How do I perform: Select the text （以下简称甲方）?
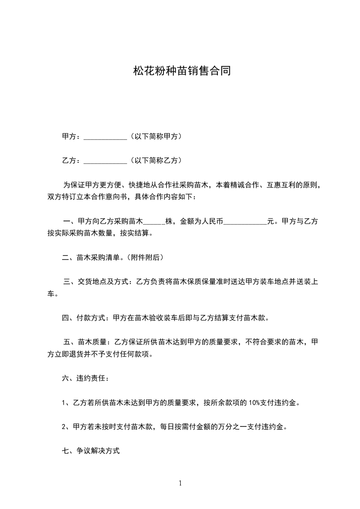155,136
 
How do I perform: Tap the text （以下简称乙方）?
155,160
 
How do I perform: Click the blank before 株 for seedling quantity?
154,222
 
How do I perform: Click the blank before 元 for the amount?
245,222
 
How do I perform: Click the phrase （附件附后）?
145,258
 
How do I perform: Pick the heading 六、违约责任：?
85,378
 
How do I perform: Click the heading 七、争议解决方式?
90,451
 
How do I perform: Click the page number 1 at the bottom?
180,483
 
